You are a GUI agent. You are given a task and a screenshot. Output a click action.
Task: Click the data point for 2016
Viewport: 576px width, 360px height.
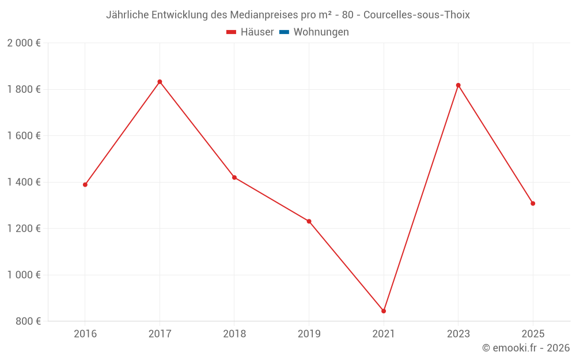(85, 185)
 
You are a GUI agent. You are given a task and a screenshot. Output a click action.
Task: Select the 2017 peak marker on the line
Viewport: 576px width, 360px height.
(160, 82)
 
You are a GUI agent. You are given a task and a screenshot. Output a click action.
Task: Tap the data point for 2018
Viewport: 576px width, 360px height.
(234, 177)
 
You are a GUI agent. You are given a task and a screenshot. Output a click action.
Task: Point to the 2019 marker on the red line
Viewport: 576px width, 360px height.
(309, 221)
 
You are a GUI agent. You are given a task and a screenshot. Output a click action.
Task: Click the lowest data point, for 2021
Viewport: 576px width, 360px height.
(384, 311)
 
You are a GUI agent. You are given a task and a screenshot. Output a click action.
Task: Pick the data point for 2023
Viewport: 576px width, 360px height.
(458, 85)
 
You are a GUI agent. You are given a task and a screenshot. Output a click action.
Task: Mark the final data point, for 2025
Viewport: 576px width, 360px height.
(533, 203)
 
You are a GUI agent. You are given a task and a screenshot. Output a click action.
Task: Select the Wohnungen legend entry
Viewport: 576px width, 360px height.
(321, 32)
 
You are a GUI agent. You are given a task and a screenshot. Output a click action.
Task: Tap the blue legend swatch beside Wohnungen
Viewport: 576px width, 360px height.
(284, 32)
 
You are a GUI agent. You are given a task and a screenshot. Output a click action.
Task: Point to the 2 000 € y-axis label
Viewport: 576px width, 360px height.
(24, 43)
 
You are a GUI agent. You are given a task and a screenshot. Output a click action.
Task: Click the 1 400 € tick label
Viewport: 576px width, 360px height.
(24, 182)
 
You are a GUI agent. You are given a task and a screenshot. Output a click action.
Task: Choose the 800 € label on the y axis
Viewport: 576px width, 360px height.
(28, 321)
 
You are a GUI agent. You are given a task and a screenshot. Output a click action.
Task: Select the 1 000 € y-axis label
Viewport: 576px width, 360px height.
(24, 275)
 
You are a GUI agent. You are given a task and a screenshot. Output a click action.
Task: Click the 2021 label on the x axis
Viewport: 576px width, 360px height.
(384, 334)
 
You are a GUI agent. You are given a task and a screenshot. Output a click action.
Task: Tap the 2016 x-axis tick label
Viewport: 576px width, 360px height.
(85, 334)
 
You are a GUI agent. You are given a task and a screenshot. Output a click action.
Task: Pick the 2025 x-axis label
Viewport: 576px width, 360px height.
(533, 334)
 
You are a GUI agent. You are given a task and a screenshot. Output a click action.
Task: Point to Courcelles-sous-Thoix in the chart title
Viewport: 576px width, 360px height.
(416, 15)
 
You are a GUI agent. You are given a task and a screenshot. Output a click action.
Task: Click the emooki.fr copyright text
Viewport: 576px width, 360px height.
(526, 348)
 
